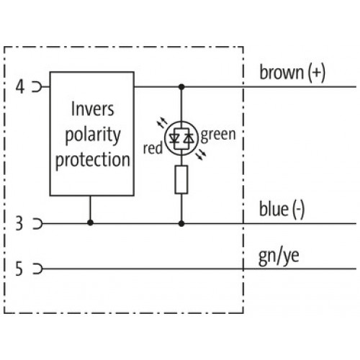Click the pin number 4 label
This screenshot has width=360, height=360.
[20, 87]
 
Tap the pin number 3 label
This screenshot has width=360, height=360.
[19, 223]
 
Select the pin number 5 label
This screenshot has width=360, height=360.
[19, 269]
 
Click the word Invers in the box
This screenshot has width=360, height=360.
[93, 109]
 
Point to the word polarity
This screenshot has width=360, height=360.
[93, 135]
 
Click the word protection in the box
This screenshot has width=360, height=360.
[93, 160]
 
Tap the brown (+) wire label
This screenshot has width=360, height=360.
[292, 72]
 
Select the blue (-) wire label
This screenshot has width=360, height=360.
[282, 210]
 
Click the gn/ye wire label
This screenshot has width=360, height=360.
[279, 257]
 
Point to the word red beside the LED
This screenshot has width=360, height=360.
[153, 148]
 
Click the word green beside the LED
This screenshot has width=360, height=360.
[218, 135]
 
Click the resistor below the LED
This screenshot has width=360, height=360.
[181, 179]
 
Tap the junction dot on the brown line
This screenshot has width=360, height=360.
[181, 86]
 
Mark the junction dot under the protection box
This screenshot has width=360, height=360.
[90, 222]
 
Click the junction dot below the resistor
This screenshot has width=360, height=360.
[181, 224]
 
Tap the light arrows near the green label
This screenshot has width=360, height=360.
[201, 156]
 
